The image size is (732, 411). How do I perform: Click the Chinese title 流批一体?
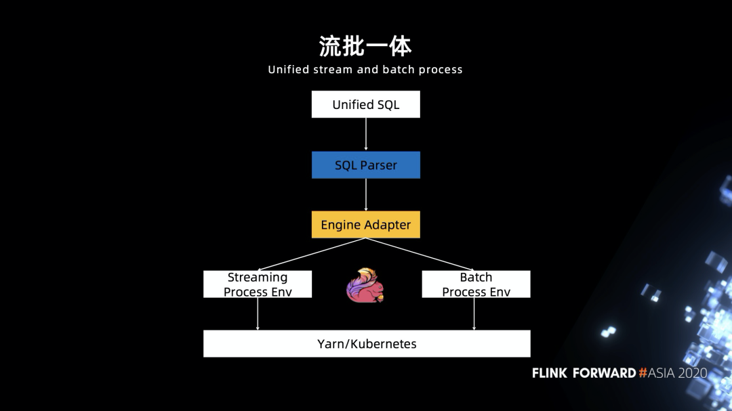click(365, 46)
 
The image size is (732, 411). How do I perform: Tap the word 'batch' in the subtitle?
click(399, 70)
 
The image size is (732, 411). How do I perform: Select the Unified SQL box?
click(365, 104)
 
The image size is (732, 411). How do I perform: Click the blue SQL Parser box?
click(365, 165)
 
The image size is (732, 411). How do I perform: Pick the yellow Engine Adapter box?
click(365, 224)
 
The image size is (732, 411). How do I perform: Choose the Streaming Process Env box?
click(258, 284)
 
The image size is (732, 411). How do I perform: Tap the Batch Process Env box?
click(476, 284)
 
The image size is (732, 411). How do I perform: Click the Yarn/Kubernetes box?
click(367, 344)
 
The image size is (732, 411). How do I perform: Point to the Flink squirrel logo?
click(365, 285)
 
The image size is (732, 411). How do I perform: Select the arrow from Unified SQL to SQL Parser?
click(365, 134)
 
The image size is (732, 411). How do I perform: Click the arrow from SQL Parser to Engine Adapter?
click(365, 194)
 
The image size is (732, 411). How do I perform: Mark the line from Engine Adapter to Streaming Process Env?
click(311, 254)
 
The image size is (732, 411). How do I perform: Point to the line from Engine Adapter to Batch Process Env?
click(420, 254)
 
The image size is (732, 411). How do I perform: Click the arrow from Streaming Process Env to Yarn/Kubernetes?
click(258, 314)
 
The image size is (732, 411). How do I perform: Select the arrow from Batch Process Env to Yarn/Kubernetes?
click(474, 314)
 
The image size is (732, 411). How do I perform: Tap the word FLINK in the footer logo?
click(550, 373)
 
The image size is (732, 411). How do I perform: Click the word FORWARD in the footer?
click(604, 373)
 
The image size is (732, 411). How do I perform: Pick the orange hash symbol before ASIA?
click(643, 373)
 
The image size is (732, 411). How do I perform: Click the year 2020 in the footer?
click(692, 373)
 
